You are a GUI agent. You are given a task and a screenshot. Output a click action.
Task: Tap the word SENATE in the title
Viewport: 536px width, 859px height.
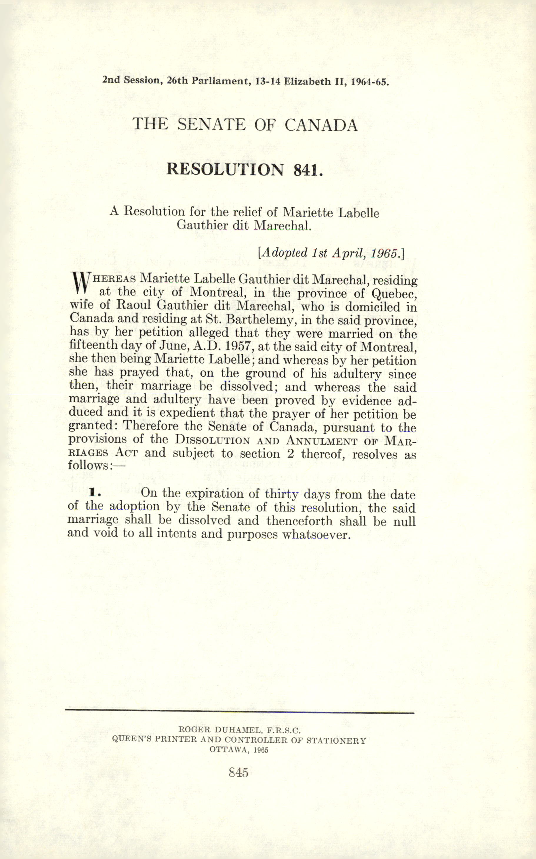[211, 124]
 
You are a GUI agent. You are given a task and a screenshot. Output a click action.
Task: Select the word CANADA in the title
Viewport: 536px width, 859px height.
[321, 125]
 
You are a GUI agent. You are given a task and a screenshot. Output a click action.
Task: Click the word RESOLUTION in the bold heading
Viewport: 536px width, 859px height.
[225, 169]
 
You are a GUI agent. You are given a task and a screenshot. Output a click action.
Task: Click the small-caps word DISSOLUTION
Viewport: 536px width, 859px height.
[212, 441]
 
